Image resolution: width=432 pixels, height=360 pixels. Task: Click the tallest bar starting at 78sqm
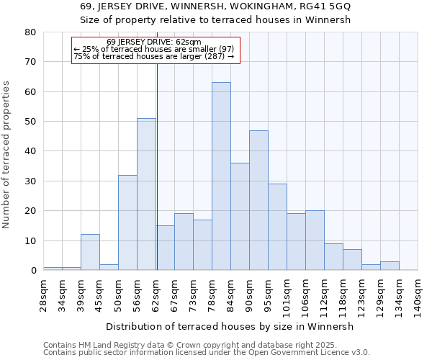[221, 176]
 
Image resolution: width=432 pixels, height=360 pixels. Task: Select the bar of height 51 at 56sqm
[146, 194]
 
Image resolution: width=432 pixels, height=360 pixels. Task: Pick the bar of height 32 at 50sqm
[127, 222]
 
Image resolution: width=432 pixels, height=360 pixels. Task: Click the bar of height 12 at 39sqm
[90, 252]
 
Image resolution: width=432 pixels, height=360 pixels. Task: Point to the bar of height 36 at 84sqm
[240, 217]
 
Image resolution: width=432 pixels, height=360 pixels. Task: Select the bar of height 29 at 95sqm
[277, 227]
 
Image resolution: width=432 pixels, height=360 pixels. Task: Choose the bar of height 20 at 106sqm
[315, 240]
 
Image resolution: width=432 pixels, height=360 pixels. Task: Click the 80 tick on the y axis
[30, 32]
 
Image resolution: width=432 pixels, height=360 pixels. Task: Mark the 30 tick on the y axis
[30, 181]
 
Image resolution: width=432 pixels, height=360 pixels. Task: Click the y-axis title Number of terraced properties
[7, 155]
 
